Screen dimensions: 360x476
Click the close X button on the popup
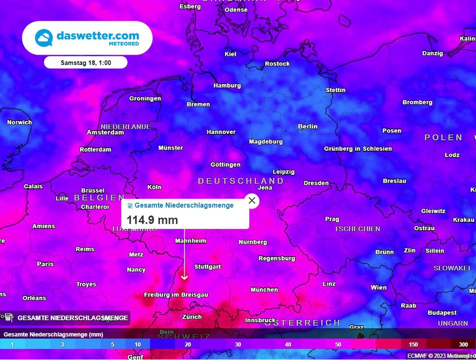pyautogui.click(x=252, y=200)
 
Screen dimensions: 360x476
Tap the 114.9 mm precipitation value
pyautogui.click(x=152, y=220)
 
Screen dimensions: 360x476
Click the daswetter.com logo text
pyautogui.click(x=98, y=35)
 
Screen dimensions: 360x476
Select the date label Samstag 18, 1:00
pyautogui.click(x=86, y=62)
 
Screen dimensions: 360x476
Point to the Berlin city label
pyautogui.click(x=308, y=127)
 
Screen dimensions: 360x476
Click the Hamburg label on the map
pyautogui.click(x=227, y=86)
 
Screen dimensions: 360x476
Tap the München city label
pyautogui.click(x=264, y=290)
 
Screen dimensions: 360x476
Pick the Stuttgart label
pyautogui.click(x=207, y=267)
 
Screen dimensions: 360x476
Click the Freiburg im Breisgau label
pyautogui.click(x=176, y=295)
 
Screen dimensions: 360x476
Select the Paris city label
pyautogui.click(x=45, y=264)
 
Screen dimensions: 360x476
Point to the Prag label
pyautogui.click(x=332, y=219)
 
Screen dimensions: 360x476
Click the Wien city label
pyautogui.click(x=378, y=287)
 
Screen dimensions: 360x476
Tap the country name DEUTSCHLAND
pyautogui.click(x=240, y=181)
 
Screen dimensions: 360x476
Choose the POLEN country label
pyautogui.click(x=443, y=138)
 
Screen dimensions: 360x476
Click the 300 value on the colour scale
pyautogui.click(x=463, y=345)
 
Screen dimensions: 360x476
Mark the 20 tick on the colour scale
pyautogui.click(x=188, y=345)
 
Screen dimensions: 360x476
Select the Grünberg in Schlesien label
pyautogui.click(x=358, y=149)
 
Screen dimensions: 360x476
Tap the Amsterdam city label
pyautogui.click(x=106, y=133)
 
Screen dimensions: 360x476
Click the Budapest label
pyautogui.click(x=443, y=313)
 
